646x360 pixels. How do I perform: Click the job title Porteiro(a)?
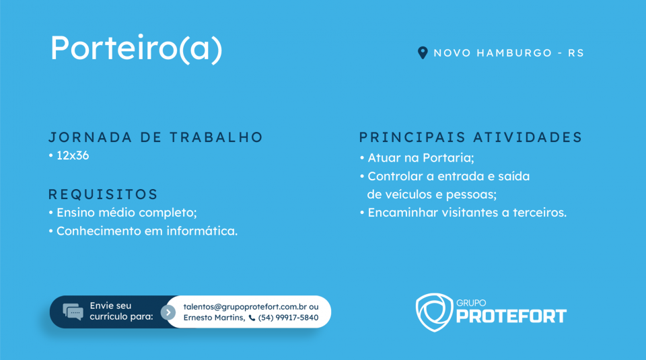(x=136, y=48)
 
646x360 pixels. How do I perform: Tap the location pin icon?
(x=423, y=52)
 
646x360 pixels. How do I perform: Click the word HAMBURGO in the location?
(x=514, y=53)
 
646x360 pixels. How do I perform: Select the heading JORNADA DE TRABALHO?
(x=155, y=137)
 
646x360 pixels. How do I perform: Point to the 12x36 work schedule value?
(x=73, y=155)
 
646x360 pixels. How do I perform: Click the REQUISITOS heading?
(x=103, y=194)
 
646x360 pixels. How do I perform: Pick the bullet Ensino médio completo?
(x=122, y=213)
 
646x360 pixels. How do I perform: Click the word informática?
(x=202, y=231)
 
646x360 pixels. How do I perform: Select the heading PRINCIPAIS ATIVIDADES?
(x=470, y=137)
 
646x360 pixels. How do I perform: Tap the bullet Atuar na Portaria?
(x=417, y=157)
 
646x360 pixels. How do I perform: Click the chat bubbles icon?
(x=73, y=312)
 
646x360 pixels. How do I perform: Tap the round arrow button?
(x=168, y=312)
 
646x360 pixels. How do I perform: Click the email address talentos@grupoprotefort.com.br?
(x=245, y=307)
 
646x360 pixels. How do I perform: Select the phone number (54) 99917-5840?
(x=289, y=318)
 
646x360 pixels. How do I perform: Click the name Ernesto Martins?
(x=214, y=318)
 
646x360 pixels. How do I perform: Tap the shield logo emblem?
(x=434, y=312)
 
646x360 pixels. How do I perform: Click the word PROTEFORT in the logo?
(x=511, y=316)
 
